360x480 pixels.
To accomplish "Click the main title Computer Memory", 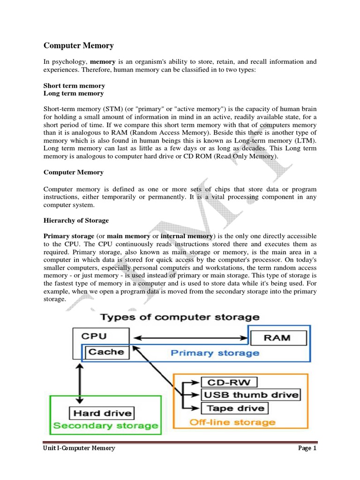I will click(x=78, y=45).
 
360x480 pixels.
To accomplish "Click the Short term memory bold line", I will click(x=74, y=86).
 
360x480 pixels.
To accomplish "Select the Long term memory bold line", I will click(x=74, y=93).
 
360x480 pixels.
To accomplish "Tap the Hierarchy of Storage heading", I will click(x=76, y=220).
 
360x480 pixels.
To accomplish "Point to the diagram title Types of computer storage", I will click(x=180, y=317).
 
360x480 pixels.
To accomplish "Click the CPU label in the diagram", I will click(x=94, y=336).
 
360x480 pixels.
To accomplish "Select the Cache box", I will click(x=106, y=352).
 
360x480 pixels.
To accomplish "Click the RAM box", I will click(x=277, y=337).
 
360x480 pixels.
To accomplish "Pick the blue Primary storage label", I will click(x=215, y=352).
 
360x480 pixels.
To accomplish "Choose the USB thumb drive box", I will click(x=250, y=395).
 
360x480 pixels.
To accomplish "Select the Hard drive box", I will click(x=102, y=413).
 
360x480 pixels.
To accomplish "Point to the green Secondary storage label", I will click(x=105, y=426).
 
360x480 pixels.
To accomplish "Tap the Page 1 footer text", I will click(x=307, y=449).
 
